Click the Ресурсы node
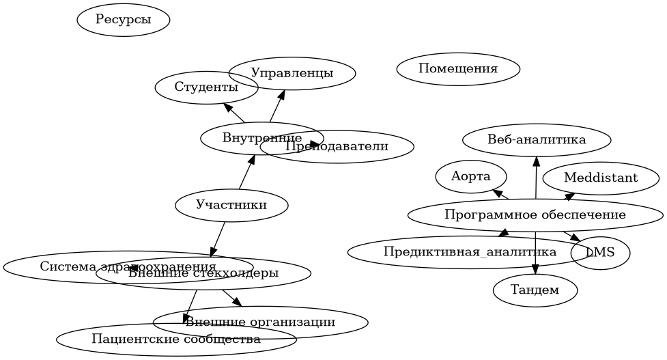(124, 20)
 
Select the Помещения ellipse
(458, 69)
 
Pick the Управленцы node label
(292, 73)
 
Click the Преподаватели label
(337, 146)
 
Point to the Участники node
(231, 204)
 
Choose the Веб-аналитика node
(537, 140)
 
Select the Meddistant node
(601, 178)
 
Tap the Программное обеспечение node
(535, 215)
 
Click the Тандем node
(535, 290)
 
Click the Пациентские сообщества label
(176, 340)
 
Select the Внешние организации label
(260, 322)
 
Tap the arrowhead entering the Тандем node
(535, 269)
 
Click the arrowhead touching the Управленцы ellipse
(279, 94)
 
